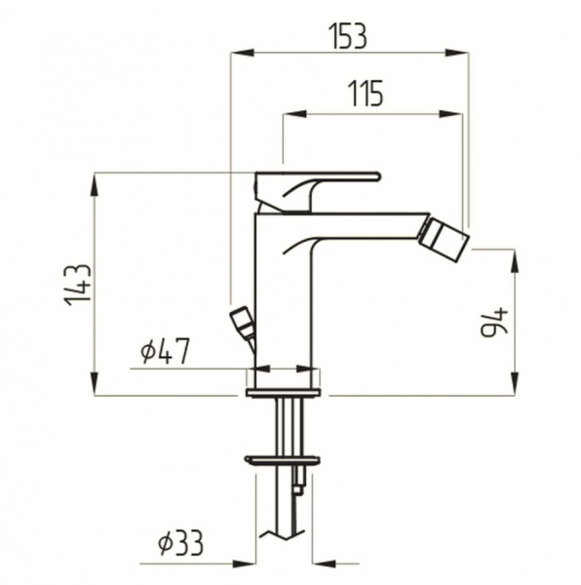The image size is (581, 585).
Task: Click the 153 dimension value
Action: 349,37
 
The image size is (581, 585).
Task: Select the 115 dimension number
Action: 366,94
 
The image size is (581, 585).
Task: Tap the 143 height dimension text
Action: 78,285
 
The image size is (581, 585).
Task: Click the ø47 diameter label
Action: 165,351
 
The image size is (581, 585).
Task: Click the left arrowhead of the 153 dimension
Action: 243,53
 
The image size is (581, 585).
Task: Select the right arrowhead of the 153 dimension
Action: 456,53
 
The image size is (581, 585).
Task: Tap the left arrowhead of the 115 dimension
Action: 294,114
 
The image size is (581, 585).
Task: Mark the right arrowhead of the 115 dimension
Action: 450,114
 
